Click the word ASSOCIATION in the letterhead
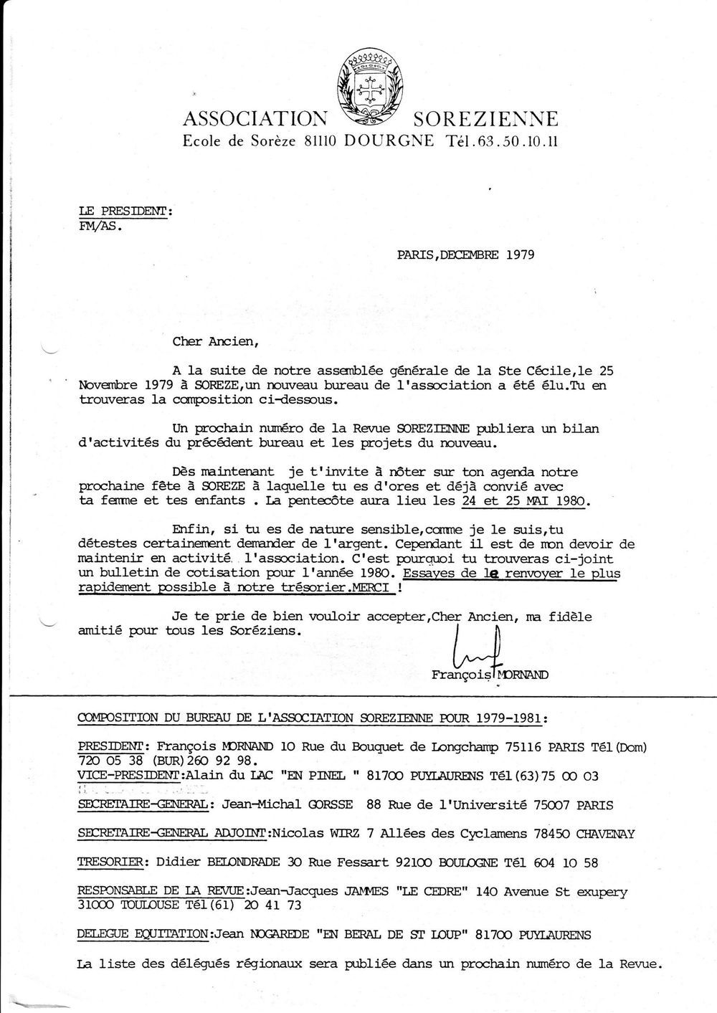[255, 118]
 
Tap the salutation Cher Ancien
[214, 341]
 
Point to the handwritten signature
[477, 645]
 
